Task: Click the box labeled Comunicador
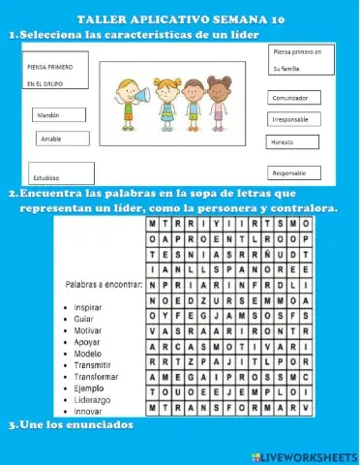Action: click(x=296, y=98)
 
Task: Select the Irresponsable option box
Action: click(x=296, y=120)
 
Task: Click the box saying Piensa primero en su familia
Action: click(x=300, y=60)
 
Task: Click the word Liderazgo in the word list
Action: click(x=94, y=399)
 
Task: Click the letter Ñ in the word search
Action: click(x=275, y=254)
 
